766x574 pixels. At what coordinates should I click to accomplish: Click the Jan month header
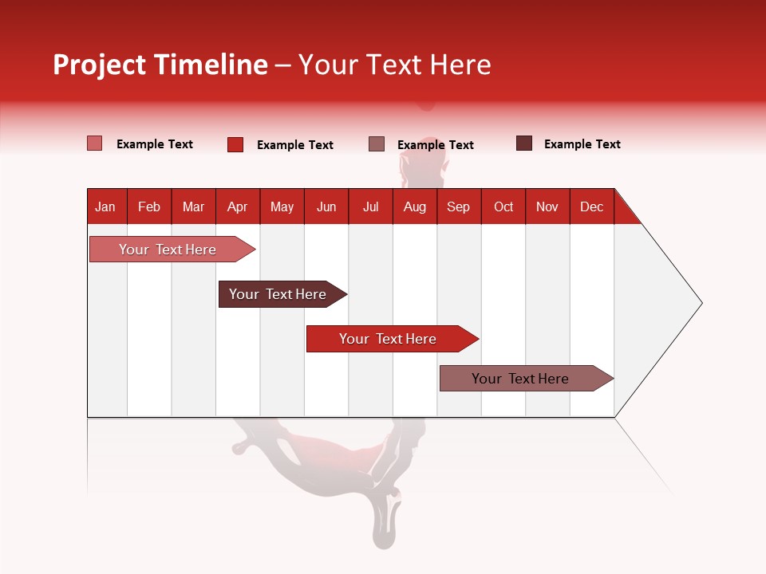[x=106, y=206]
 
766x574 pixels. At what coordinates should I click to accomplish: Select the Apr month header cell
[x=237, y=206]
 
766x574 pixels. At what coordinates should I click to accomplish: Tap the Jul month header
[x=370, y=206]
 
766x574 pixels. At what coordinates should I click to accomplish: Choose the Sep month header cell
[x=458, y=206]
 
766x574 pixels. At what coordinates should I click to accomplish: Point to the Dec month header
[x=591, y=206]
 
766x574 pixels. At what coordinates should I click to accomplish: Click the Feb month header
[x=149, y=206]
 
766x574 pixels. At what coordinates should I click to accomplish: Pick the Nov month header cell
[x=547, y=206]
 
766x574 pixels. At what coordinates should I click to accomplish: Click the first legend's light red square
[x=95, y=143]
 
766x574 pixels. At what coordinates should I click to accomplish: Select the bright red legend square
[x=235, y=144]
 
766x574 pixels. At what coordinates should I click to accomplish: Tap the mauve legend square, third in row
[x=377, y=144]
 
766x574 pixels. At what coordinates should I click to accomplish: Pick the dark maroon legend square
[x=524, y=143]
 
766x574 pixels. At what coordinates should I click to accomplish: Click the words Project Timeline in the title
[x=160, y=65]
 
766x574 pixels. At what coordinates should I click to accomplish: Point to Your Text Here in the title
[x=394, y=65]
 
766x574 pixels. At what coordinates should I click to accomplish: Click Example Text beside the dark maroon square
[x=582, y=144]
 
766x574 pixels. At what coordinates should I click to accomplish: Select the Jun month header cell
[x=326, y=206]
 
